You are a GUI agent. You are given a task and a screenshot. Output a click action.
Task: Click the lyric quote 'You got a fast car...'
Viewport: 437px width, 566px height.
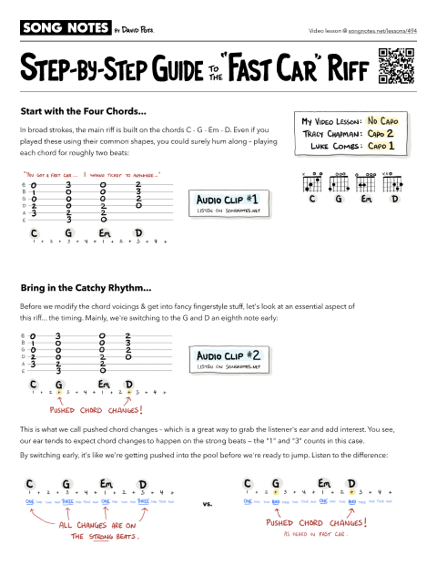coord(49,172)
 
